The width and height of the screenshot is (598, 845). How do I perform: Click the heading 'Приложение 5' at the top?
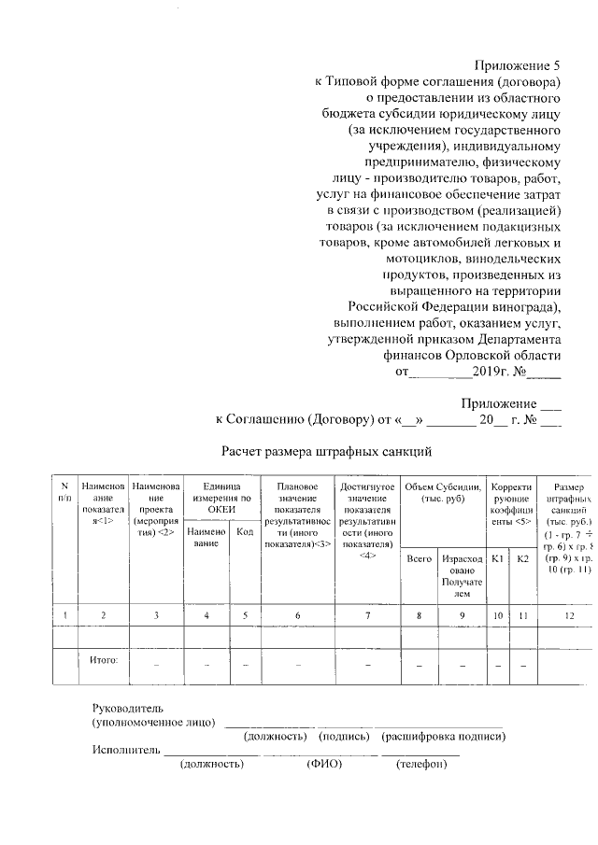click(516, 65)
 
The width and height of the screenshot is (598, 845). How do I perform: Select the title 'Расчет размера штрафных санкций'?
click(326, 452)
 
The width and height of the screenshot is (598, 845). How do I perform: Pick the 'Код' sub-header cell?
click(245, 531)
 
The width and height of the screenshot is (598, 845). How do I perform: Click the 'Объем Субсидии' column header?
click(441, 492)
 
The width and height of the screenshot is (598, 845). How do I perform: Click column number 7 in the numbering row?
click(367, 614)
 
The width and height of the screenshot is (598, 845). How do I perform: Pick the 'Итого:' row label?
click(104, 660)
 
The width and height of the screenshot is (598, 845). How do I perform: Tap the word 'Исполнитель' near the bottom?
click(124, 750)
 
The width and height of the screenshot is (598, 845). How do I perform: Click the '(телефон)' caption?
click(421, 764)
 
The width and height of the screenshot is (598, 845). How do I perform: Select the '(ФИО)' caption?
click(324, 764)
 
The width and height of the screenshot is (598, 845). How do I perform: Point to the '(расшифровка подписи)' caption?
click(444, 737)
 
